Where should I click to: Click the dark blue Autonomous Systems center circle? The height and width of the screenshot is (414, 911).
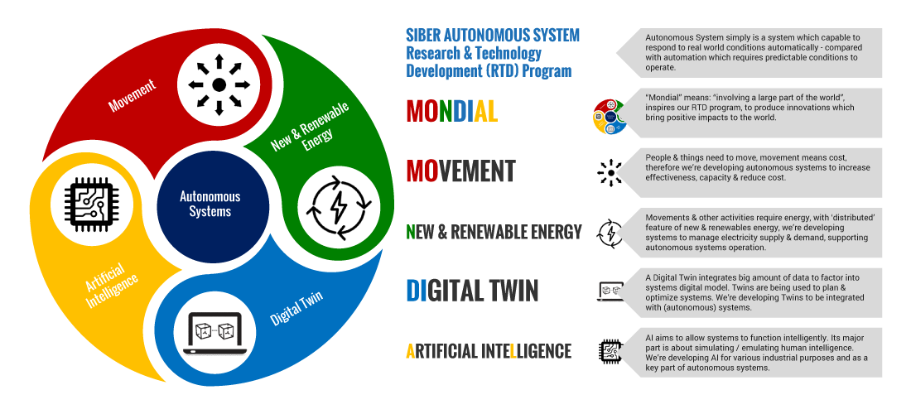tap(210, 204)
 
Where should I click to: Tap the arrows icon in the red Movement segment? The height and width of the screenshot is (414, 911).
tap(219, 84)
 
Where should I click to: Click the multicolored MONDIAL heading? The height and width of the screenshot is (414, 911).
tap(452, 110)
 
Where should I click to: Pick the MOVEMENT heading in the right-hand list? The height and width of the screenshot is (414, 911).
tap(460, 171)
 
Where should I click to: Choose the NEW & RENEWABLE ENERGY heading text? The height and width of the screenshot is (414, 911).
tap(494, 232)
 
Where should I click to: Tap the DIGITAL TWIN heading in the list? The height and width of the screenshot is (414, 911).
tap(472, 291)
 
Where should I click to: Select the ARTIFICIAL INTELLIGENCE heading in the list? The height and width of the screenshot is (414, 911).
tap(489, 352)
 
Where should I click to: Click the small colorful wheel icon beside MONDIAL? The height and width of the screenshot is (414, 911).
tap(610, 116)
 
